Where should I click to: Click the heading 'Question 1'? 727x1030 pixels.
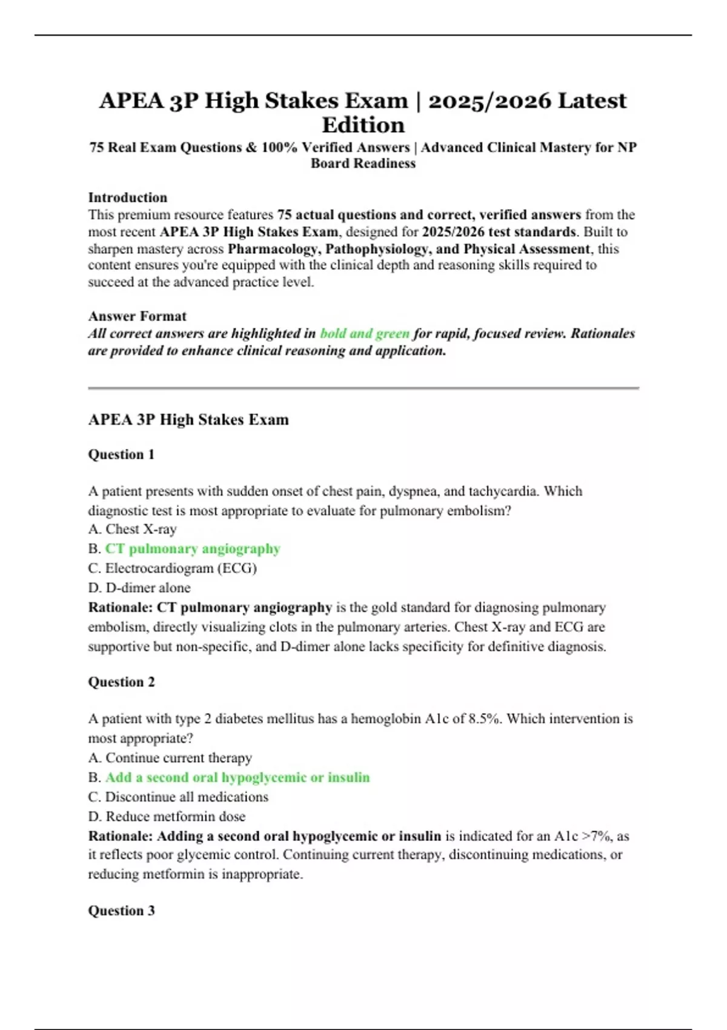click(121, 454)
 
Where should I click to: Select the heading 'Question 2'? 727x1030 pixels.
click(121, 682)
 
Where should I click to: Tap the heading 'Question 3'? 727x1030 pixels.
click(121, 911)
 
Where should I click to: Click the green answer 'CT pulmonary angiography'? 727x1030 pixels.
click(193, 548)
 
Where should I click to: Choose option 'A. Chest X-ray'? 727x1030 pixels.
click(132, 529)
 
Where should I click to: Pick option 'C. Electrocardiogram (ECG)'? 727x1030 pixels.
click(172, 568)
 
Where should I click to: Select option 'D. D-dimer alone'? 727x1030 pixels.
click(139, 588)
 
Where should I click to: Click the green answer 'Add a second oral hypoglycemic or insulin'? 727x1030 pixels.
click(237, 777)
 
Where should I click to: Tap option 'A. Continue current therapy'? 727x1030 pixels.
click(170, 758)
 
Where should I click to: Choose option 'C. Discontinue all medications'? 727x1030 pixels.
click(178, 797)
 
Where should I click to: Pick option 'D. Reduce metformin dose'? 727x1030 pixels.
click(167, 816)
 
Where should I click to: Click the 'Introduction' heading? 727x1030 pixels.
click(127, 198)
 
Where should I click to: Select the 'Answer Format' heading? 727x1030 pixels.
click(137, 316)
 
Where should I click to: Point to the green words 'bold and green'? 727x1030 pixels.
click(365, 333)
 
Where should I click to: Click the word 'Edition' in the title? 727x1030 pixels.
click(363, 125)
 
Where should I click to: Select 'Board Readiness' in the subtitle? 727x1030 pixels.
click(363, 164)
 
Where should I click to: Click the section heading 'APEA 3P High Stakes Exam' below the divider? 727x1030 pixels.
click(188, 420)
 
